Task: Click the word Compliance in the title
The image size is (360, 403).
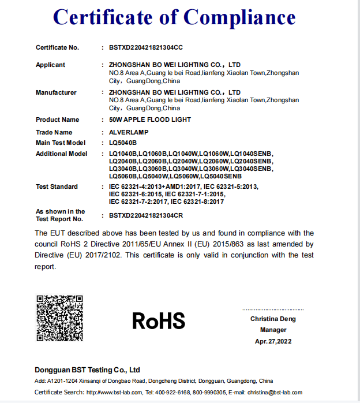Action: [238, 17]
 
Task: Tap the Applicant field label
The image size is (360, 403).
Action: [50, 65]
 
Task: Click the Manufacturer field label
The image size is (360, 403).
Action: [56, 92]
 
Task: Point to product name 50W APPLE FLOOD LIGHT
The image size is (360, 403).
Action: [149, 120]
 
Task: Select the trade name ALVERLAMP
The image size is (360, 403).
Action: [129, 132]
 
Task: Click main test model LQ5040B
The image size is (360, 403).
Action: [123, 142]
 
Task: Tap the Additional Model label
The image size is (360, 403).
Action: [61, 154]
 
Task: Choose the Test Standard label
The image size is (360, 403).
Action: [57, 186]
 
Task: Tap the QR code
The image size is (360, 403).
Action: [60, 318]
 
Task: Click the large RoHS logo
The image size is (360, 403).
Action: [159, 320]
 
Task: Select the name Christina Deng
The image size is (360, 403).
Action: [273, 319]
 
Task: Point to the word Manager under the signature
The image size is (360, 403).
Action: [273, 330]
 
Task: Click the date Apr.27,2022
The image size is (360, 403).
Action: [273, 341]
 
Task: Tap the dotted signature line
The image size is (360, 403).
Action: [273, 310]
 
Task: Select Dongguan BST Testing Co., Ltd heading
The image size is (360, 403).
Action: [87, 370]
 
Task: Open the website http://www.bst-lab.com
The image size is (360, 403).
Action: [113, 393]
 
